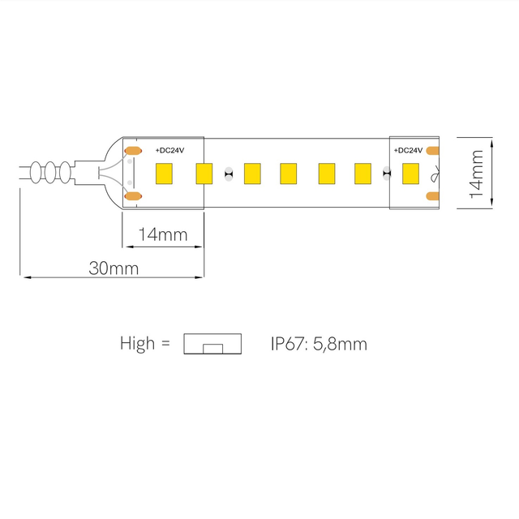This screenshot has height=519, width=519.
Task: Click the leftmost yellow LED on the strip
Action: pyautogui.click(x=165, y=173)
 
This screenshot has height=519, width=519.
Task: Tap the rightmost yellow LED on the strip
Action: pyautogui.click(x=410, y=173)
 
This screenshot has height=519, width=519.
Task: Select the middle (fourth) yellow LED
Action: pyautogui.click(x=288, y=173)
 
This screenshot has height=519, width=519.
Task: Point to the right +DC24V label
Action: pyautogui.click(x=408, y=151)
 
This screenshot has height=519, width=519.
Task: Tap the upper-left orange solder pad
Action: pyautogui.click(x=132, y=151)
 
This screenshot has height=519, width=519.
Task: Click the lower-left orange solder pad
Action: pyautogui.click(x=132, y=195)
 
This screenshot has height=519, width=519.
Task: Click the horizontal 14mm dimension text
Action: pyautogui.click(x=162, y=235)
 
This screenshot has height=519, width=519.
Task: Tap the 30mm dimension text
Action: pyautogui.click(x=114, y=268)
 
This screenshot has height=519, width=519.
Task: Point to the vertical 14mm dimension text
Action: pyautogui.click(x=478, y=173)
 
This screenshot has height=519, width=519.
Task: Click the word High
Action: pyautogui.click(x=137, y=344)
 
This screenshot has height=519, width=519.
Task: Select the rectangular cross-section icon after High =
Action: pyautogui.click(x=213, y=344)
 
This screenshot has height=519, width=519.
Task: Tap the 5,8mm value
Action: pyautogui.click(x=340, y=344)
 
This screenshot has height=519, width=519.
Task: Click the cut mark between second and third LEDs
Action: pyautogui.click(x=229, y=173)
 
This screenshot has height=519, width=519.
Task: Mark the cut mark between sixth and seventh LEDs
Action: pyautogui.click(x=387, y=173)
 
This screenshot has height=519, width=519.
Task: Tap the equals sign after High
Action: pyautogui.click(x=165, y=344)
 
